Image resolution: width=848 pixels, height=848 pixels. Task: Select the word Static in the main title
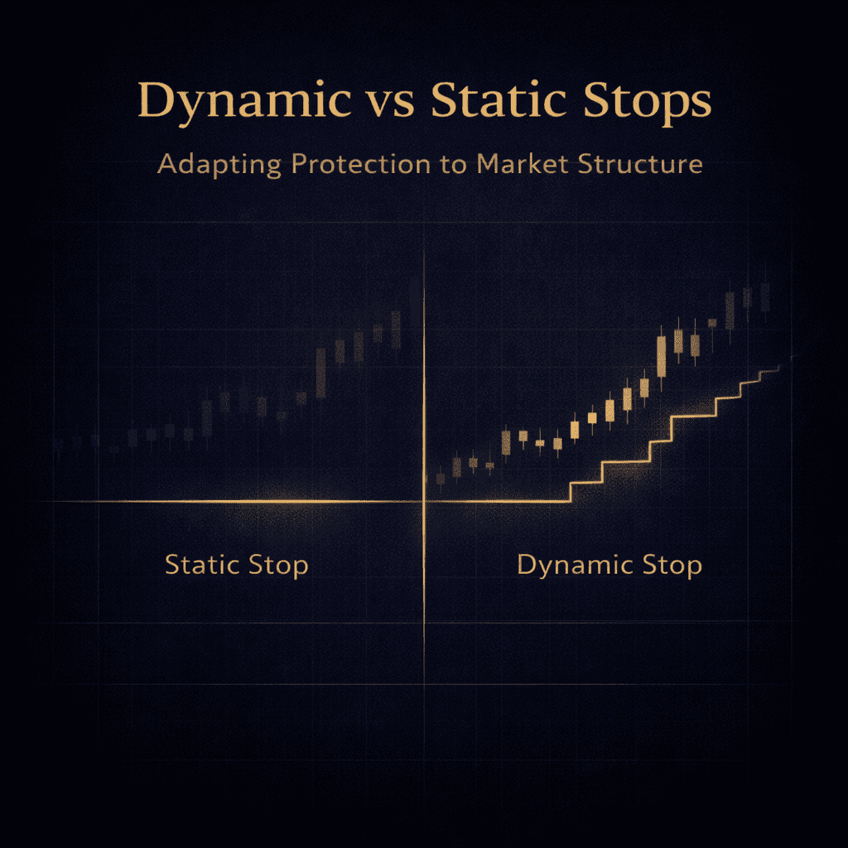[499, 99]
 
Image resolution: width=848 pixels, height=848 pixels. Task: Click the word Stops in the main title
[648, 103]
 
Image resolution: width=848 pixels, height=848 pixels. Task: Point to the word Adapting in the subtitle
[219, 165]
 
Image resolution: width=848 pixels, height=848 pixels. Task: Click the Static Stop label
[236, 566]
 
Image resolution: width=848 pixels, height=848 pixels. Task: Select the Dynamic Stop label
[609, 566]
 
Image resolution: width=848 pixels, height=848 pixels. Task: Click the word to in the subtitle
[453, 165]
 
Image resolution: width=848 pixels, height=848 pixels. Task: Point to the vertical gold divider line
[424, 465]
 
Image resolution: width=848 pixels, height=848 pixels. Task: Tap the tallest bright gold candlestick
[662, 357]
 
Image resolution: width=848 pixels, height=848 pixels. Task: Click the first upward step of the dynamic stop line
[571, 492]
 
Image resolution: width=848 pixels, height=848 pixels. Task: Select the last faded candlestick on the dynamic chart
[765, 297]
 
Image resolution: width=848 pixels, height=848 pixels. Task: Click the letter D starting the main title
[157, 99]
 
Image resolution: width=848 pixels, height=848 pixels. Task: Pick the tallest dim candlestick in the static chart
[320, 373]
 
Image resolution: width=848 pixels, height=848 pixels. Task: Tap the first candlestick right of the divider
[441, 478]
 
